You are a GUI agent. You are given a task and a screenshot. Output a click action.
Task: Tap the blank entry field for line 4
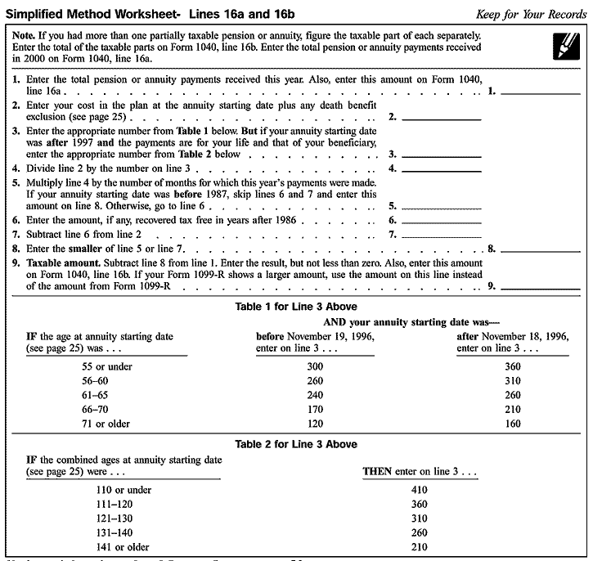(441, 168)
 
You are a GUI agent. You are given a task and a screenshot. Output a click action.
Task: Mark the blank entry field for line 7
(441, 233)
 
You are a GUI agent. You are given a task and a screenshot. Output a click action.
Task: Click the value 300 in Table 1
(315, 366)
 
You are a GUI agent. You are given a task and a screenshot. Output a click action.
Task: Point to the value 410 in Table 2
(419, 490)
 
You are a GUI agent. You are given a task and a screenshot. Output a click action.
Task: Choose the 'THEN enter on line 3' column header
(420, 473)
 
